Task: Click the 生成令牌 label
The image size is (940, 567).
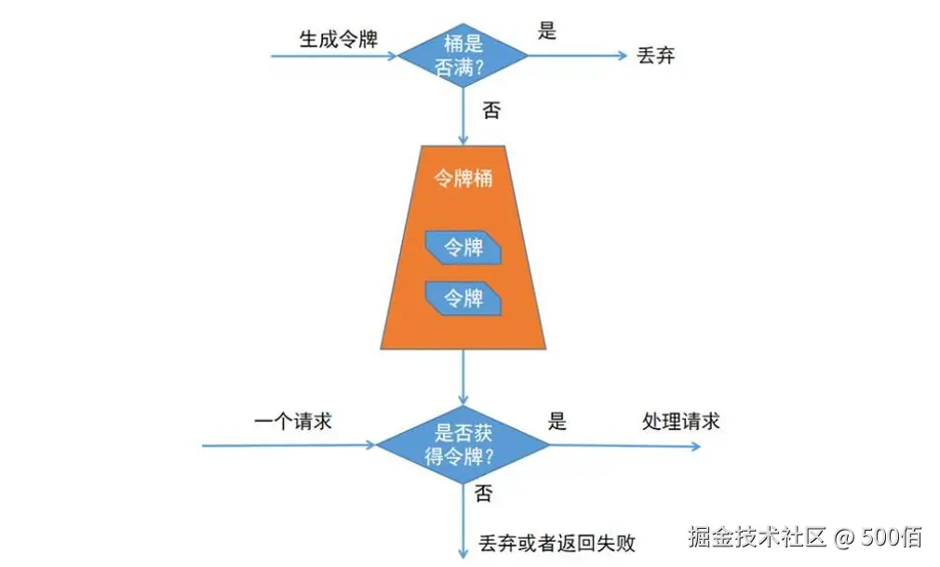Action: point(338,40)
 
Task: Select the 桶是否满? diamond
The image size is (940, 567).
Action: point(463,55)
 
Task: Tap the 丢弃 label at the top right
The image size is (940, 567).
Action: point(655,55)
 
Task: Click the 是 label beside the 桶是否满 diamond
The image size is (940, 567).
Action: point(547,31)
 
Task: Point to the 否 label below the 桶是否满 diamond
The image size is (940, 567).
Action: point(491,111)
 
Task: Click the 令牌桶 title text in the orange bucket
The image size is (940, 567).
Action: point(463,179)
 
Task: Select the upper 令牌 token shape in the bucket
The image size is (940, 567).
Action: point(463,248)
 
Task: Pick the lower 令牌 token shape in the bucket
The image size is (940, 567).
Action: point(463,298)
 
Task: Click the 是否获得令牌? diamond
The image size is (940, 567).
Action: point(463,445)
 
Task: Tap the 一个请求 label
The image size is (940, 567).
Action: point(292,422)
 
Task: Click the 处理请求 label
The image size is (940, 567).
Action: point(681,422)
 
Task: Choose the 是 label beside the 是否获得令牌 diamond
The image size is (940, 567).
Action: point(557,422)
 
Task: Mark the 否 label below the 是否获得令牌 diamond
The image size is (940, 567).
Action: point(483,493)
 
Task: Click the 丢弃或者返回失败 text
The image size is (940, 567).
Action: point(557,541)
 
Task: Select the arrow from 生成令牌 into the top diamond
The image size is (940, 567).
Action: point(335,56)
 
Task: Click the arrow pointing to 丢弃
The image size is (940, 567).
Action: point(577,55)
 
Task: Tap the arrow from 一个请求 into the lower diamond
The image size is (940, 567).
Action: point(289,446)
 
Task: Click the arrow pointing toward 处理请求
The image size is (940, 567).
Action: point(624,446)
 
